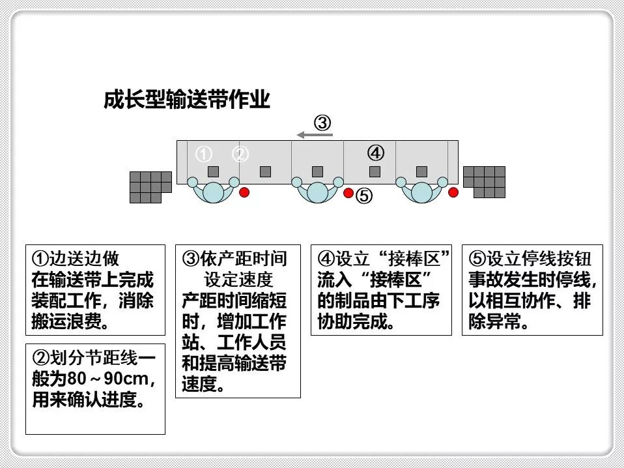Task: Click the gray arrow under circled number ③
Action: pyautogui.click(x=315, y=135)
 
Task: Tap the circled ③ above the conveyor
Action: pyautogui.click(x=323, y=122)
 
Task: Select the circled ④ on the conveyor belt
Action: pyautogui.click(x=375, y=153)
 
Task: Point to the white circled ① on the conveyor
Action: pyautogui.click(x=205, y=154)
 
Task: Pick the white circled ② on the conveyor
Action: pyautogui.click(x=241, y=154)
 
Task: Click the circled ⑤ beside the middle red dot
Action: pyautogui.click(x=365, y=195)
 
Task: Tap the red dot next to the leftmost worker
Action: pyautogui.click(x=244, y=192)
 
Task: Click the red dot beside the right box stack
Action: pyautogui.click(x=453, y=192)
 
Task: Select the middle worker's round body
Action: pyautogui.click(x=317, y=192)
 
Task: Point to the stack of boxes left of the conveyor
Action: pyautogui.click(x=150, y=187)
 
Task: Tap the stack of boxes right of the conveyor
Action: pyautogui.click(x=485, y=182)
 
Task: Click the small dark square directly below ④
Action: pyautogui.click(x=375, y=171)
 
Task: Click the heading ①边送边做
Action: pyautogui.click(x=76, y=259)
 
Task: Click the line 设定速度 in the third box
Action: pyautogui.click(x=238, y=280)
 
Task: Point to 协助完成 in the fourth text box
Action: pyautogui.click(x=352, y=321)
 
